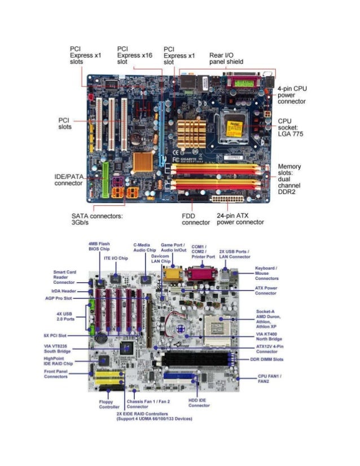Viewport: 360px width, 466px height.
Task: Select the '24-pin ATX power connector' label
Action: coord(240,218)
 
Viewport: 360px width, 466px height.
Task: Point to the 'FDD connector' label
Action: coord(196,218)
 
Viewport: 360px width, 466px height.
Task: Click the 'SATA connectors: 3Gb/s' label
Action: coord(97,218)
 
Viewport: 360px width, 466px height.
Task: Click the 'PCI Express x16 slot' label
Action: coord(134,55)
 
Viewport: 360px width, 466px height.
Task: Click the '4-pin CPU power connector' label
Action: coord(292,95)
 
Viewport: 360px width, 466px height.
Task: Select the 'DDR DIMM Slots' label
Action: coord(266,359)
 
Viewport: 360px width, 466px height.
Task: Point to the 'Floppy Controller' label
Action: coord(109,404)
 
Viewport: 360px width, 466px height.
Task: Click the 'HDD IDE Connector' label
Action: coord(199,402)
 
